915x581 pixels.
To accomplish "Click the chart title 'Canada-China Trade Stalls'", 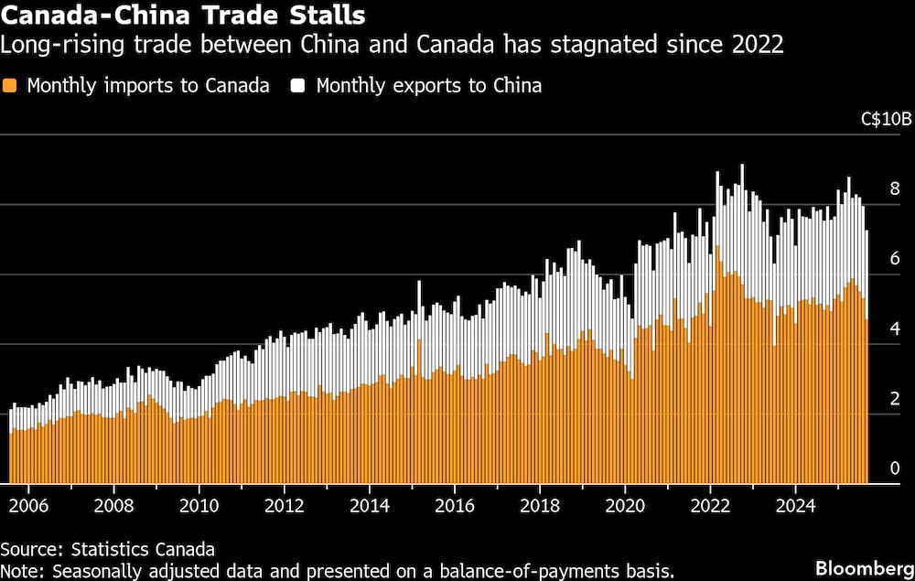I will [x=184, y=16].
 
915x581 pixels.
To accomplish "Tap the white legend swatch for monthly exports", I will [x=298, y=86].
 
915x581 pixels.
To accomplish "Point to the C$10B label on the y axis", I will [x=887, y=120].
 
